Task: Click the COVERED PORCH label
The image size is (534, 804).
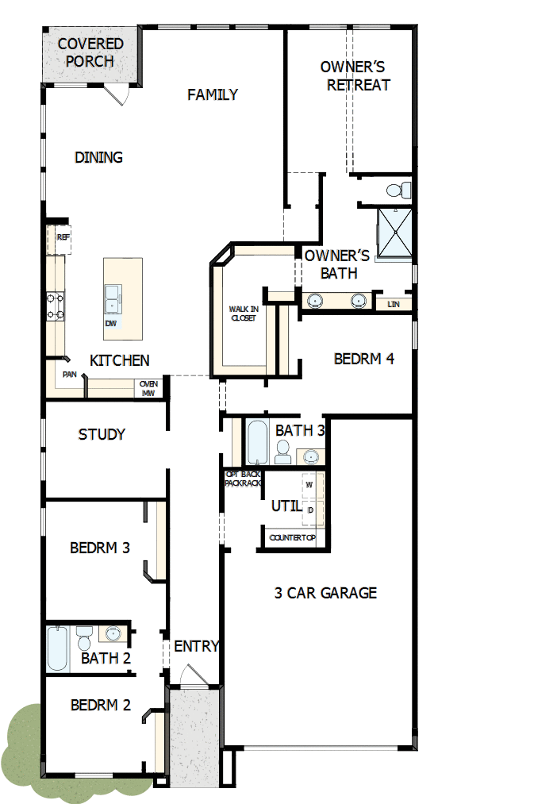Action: click(x=90, y=52)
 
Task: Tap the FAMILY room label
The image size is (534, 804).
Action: click(x=213, y=95)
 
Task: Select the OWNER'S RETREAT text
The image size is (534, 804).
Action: click(x=353, y=76)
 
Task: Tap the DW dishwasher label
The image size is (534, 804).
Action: click(x=110, y=324)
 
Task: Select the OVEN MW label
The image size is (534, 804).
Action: click(x=149, y=388)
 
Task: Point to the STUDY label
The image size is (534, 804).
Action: click(x=102, y=434)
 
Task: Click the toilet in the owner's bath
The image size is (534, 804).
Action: click(x=399, y=190)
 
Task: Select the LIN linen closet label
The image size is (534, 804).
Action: click(x=392, y=304)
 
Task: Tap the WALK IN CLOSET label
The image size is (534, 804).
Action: click(x=244, y=314)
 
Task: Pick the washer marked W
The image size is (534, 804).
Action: click(x=309, y=484)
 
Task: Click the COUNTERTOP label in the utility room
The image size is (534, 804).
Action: click(x=292, y=538)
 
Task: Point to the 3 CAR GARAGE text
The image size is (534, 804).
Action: click(x=325, y=593)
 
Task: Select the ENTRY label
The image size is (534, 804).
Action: click(x=196, y=646)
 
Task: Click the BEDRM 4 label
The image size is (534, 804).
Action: click(x=363, y=359)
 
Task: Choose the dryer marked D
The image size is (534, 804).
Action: click(x=309, y=510)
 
